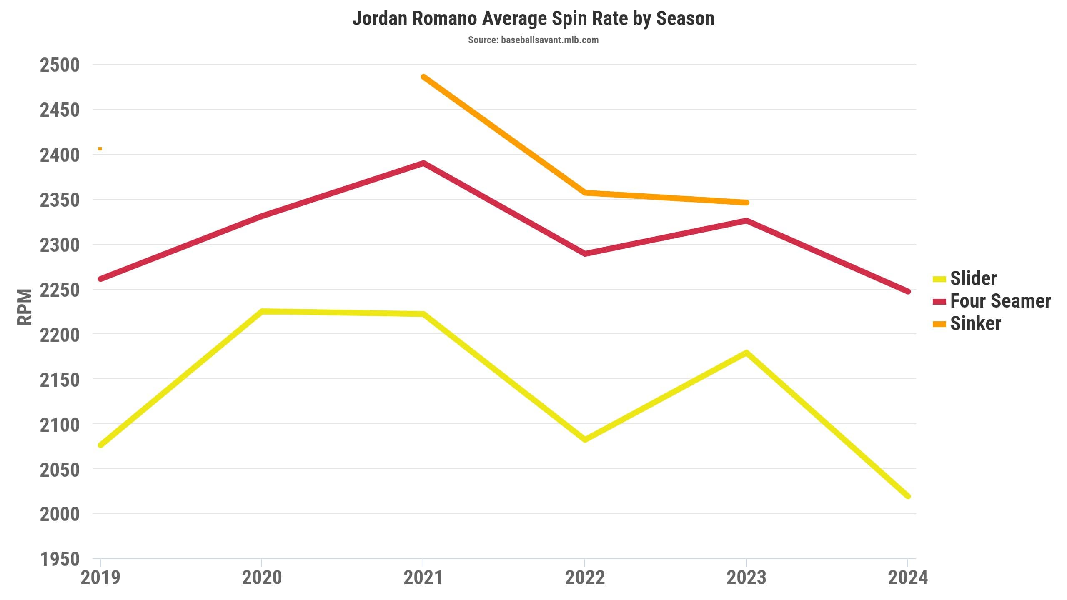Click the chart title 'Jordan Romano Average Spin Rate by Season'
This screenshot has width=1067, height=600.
point(533,19)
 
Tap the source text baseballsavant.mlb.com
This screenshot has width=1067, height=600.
point(533,40)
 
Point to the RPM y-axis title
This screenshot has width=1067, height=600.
point(24,307)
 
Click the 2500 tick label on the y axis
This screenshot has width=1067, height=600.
point(60,65)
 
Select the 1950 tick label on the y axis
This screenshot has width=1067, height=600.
point(60,559)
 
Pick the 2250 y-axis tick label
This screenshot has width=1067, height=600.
point(60,290)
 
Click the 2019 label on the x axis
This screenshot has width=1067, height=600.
point(100,578)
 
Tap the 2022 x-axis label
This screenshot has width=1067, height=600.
point(585,578)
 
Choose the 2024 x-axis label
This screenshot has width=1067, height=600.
point(908,578)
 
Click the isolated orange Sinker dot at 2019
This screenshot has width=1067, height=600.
point(100,149)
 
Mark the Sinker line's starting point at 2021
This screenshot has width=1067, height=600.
point(423,77)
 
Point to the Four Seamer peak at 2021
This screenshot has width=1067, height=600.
point(423,163)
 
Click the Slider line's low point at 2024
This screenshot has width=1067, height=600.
point(908,496)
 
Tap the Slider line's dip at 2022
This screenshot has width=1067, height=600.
point(585,439)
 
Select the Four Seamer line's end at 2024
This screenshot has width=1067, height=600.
point(908,291)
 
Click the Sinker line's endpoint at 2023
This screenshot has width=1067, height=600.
point(746,202)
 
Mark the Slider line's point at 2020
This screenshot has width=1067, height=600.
point(262,311)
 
